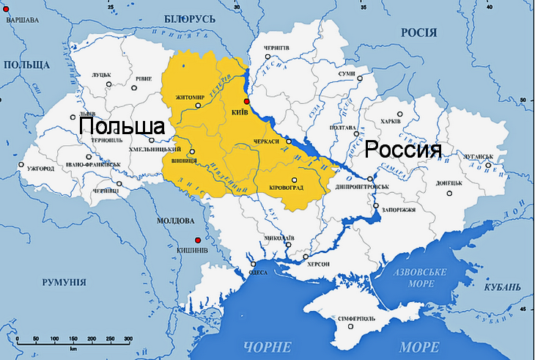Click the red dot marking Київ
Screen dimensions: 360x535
pyautogui.click(x=247, y=101)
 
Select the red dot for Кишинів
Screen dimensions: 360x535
pyautogui.click(x=197, y=240)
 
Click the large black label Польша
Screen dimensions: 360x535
pyautogui.click(x=122, y=126)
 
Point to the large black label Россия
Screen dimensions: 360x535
pyautogui.click(x=403, y=150)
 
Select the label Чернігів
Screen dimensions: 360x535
pyautogui.click(x=276, y=48)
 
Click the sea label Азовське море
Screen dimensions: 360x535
pyautogui.click(x=421, y=277)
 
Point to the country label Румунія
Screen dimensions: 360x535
pyautogui.click(x=64, y=282)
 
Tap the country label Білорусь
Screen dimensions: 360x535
pyautogui.click(x=189, y=18)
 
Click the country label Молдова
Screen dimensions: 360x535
pyautogui.click(x=176, y=221)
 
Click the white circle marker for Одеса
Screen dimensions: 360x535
pyautogui.click(x=252, y=264)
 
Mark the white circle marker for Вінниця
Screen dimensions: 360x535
pyautogui.click(x=192, y=153)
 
